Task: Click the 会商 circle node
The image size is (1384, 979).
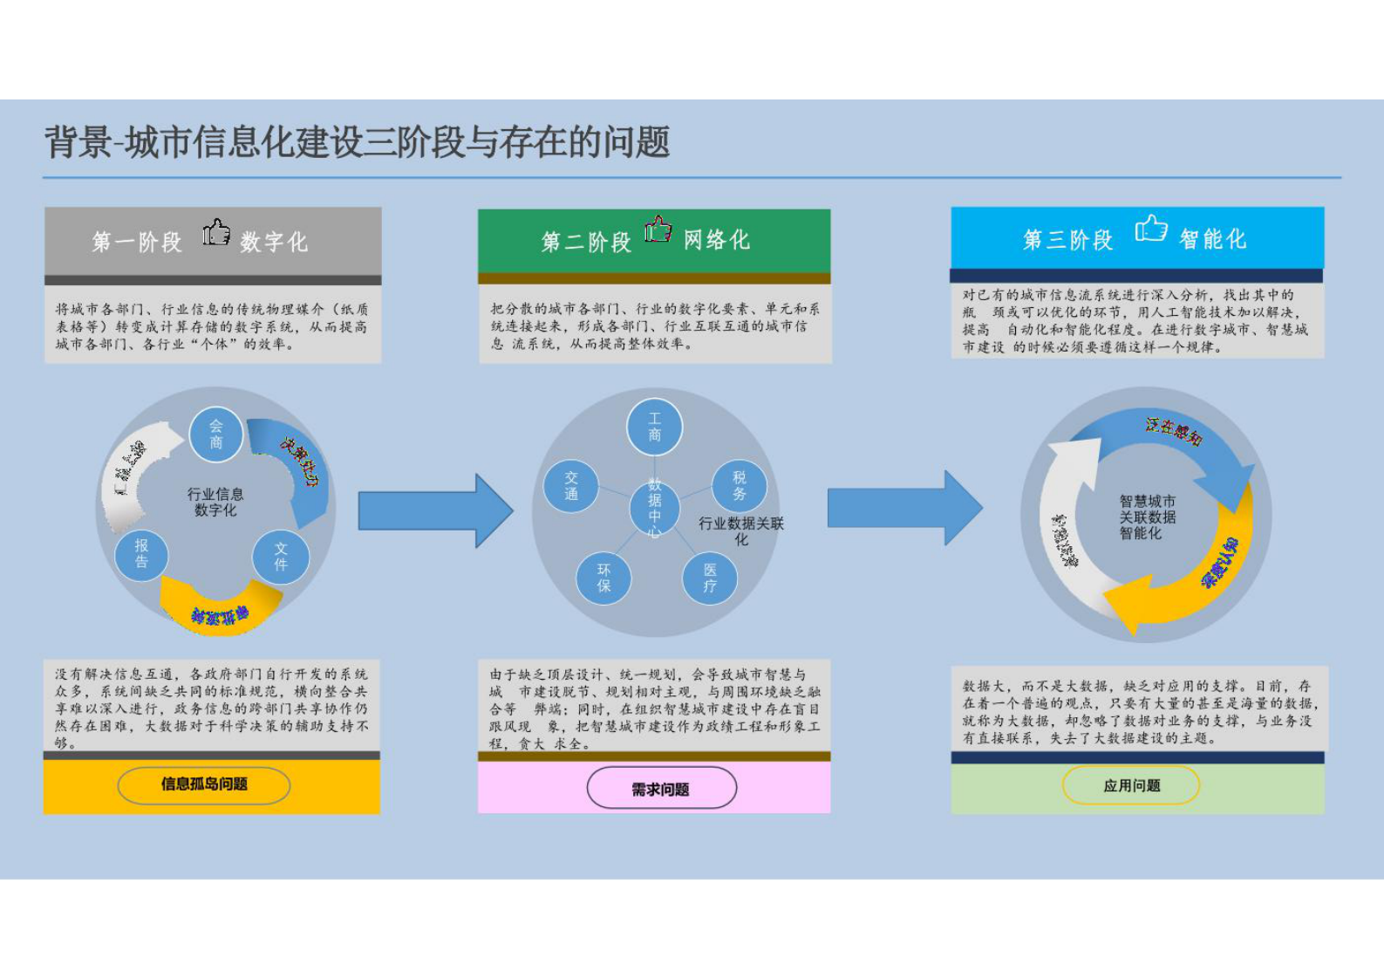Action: click(x=215, y=434)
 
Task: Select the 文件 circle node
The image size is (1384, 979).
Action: click(x=281, y=557)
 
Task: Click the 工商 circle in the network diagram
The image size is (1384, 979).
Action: click(x=654, y=427)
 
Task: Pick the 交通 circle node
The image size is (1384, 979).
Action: click(x=571, y=486)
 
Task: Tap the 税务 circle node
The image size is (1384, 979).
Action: click(x=740, y=486)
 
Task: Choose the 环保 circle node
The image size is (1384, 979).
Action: click(x=603, y=578)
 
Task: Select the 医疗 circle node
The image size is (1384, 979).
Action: click(x=710, y=578)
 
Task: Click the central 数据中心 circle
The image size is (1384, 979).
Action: click(x=654, y=507)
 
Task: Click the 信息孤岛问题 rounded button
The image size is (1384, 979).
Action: click(x=204, y=784)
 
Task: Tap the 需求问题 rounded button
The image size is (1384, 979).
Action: click(x=661, y=789)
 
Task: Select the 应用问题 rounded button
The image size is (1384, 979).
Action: click(x=1131, y=785)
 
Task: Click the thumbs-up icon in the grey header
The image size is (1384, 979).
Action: click(x=216, y=233)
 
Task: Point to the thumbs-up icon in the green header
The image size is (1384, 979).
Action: click(x=658, y=229)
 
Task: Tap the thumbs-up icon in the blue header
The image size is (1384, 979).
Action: click(x=1150, y=229)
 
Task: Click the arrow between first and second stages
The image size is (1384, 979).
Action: click(x=435, y=510)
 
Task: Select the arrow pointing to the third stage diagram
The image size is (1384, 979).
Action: click(x=904, y=508)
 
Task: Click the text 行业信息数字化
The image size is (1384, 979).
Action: click(x=215, y=502)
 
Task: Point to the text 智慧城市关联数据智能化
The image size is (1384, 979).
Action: click(x=1148, y=517)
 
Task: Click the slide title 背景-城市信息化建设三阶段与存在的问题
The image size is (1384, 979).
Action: click(x=358, y=142)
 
